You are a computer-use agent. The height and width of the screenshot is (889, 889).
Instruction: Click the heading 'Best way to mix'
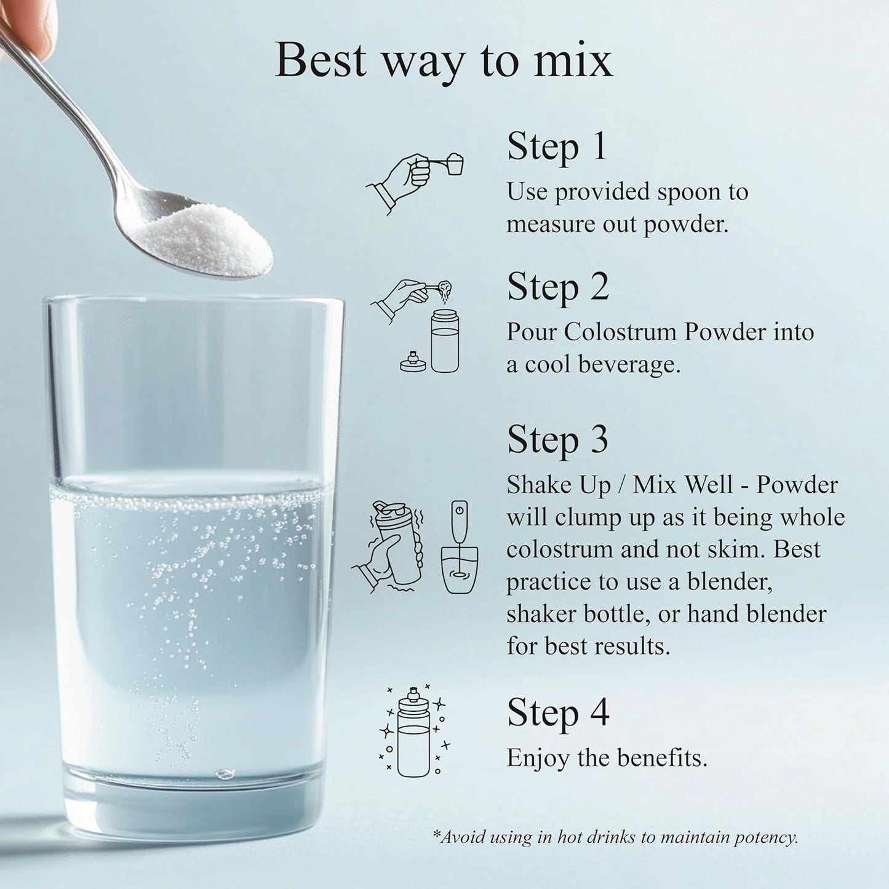[x=444, y=61]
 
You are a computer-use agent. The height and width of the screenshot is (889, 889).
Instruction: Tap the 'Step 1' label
[x=556, y=146]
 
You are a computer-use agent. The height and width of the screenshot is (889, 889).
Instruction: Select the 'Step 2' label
[x=558, y=287]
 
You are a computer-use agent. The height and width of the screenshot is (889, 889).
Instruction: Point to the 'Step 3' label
[x=558, y=440]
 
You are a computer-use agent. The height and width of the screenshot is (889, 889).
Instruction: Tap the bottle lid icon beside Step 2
[x=412, y=362]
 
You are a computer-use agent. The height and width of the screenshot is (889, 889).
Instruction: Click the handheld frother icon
[x=460, y=547]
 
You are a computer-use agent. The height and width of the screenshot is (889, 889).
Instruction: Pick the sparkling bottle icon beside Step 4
[x=413, y=733]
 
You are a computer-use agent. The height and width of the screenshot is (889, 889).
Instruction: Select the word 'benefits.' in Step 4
[x=662, y=757]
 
